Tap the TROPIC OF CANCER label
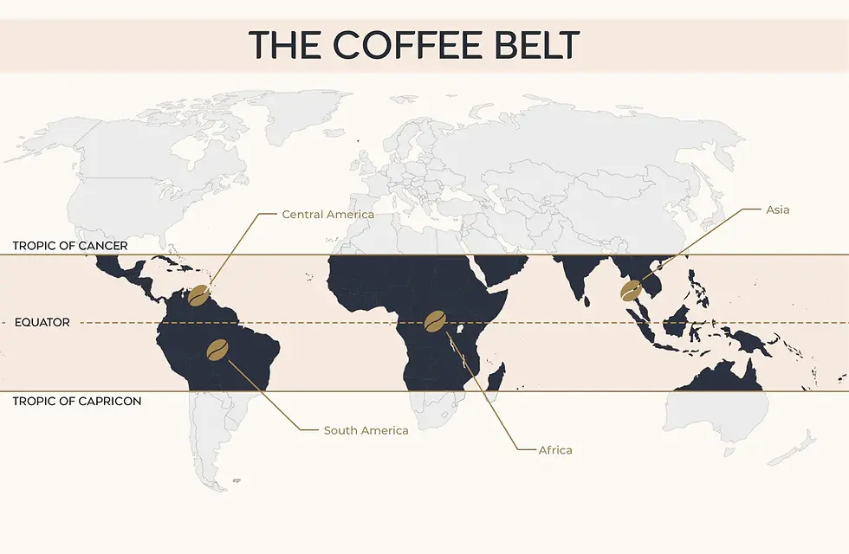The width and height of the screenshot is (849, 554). pos(70,246)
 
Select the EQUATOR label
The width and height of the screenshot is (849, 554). pos(42,322)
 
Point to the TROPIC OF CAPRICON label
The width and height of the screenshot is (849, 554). pos(77,401)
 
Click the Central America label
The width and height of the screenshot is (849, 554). pos(328,214)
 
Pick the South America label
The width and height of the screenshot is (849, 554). pos(366,430)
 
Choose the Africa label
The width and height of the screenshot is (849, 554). pos(555,450)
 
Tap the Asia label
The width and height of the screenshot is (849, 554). pos(778,209)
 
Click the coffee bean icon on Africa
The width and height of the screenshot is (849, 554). pos(435,321)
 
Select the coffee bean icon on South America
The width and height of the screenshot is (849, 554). pos(217,349)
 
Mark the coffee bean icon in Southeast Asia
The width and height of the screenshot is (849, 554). pos(632,290)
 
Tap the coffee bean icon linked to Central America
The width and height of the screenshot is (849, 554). pos(200,294)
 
